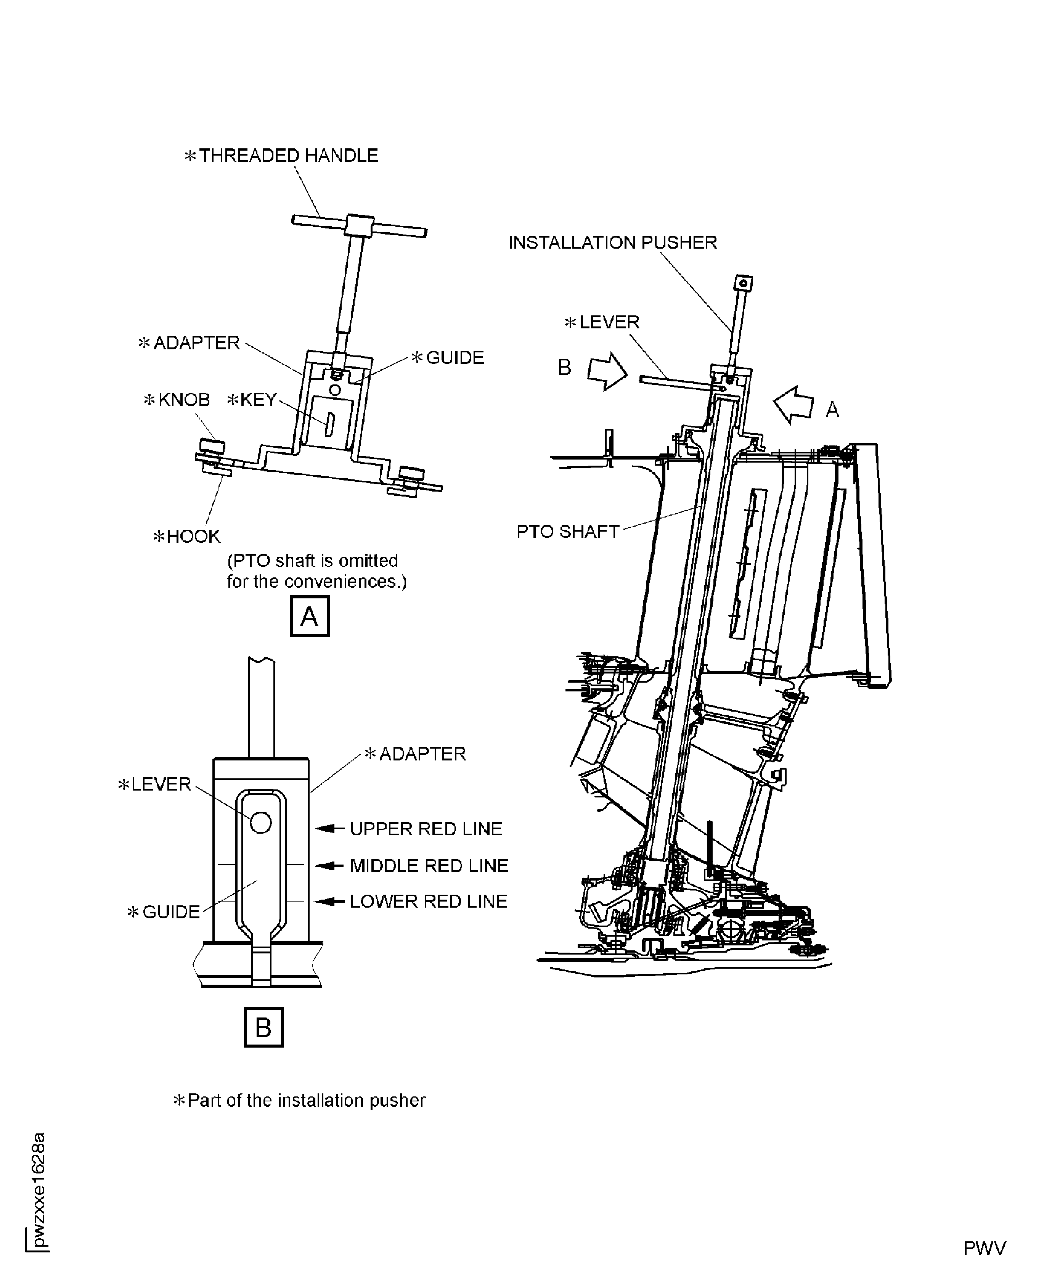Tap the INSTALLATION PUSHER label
[612, 243]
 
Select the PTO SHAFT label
[567, 531]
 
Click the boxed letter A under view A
[310, 616]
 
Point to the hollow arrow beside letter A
[794, 405]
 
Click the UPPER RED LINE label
[426, 829]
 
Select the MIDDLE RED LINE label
[429, 866]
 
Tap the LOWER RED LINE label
[429, 902]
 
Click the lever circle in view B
[260, 822]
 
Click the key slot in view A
[329, 424]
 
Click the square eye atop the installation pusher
[744, 283]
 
